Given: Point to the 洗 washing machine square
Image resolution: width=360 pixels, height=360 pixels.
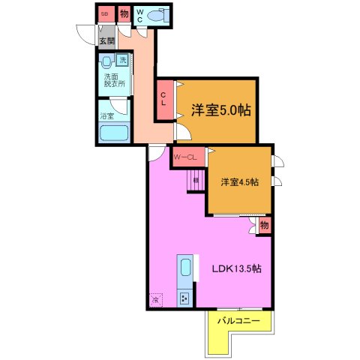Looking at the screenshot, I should pos(123,61).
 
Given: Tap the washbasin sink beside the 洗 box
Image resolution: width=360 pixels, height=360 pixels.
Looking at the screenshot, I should pos(107,61).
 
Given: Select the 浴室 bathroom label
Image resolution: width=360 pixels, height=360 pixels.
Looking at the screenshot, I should pos(107,116).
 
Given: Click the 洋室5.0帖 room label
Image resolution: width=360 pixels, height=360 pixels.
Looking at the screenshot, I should pos(220,109).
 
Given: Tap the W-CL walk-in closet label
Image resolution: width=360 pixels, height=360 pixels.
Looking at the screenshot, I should pos(184,157).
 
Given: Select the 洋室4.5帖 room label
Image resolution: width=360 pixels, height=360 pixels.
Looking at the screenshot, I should pos(239,182).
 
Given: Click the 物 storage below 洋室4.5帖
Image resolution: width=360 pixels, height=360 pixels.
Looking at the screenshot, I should pos(264,225).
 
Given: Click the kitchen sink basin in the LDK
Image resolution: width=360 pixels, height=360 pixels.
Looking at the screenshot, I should pos(185,267).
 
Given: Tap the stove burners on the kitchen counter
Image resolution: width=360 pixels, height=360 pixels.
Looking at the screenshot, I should pos(184,298).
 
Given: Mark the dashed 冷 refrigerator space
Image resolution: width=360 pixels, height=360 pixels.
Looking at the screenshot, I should pos(155,300).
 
